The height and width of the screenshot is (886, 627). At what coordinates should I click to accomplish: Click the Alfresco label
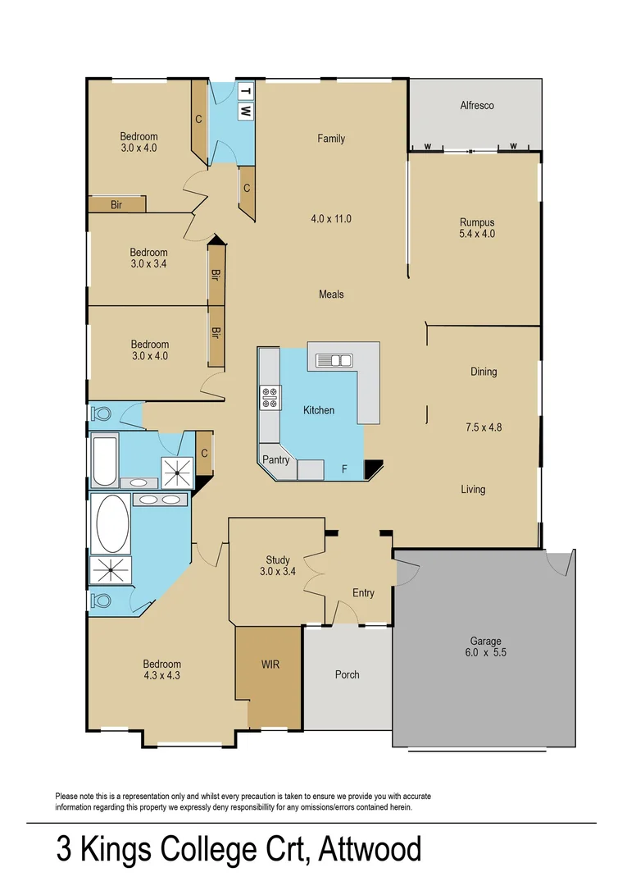click(476, 106)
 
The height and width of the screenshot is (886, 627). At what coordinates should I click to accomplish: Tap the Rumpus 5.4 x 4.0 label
click(476, 228)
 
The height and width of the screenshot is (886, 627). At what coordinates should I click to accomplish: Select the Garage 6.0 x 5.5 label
click(485, 647)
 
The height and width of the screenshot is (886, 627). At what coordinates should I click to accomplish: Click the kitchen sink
click(334, 359)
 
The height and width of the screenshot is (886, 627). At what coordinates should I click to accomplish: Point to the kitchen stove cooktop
click(269, 397)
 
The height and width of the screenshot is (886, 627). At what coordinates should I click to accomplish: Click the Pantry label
click(276, 460)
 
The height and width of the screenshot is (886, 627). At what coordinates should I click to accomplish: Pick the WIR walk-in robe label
click(270, 664)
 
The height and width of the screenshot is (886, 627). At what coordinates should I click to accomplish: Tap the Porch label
click(348, 675)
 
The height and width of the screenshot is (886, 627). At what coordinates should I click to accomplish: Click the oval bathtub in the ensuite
click(112, 522)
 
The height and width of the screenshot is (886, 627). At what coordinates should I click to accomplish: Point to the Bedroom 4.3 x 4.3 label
click(161, 670)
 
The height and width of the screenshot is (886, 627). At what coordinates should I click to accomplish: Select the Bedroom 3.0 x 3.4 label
click(148, 258)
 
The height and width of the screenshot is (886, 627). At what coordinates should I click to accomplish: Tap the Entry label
click(363, 593)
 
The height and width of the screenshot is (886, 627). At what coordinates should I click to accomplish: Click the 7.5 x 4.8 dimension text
click(483, 427)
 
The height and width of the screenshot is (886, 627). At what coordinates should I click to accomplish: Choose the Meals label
click(331, 295)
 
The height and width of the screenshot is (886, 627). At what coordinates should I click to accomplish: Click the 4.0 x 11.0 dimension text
click(331, 219)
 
